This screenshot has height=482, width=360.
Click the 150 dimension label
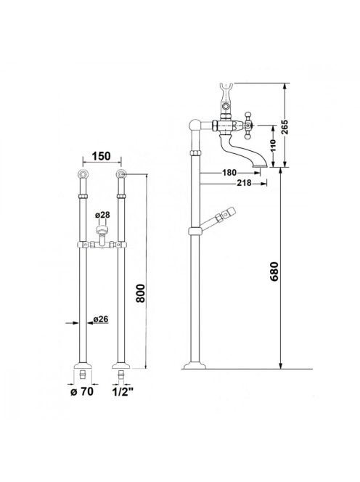point(101,156)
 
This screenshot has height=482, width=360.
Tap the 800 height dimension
point(141,293)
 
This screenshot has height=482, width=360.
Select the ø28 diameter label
point(102,215)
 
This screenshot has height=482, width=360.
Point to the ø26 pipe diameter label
point(101,319)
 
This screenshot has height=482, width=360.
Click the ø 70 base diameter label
point(82,392)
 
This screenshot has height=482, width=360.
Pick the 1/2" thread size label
point(123,392)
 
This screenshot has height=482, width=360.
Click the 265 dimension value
point(285,126)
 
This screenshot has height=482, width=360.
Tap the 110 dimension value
point(273,146)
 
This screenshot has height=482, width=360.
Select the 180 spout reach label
point(229,173)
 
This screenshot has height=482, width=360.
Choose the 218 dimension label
point(244,183)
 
